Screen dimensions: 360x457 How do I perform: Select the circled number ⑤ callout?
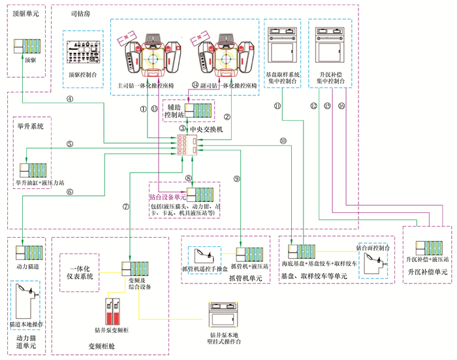tap(70, 144)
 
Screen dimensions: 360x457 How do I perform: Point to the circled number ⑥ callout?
tap(70, 191)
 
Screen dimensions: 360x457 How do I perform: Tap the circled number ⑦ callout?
tap(125, 206)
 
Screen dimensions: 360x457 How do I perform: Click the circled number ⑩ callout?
tap(283, 141)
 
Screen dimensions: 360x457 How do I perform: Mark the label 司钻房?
tap(80, 13)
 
